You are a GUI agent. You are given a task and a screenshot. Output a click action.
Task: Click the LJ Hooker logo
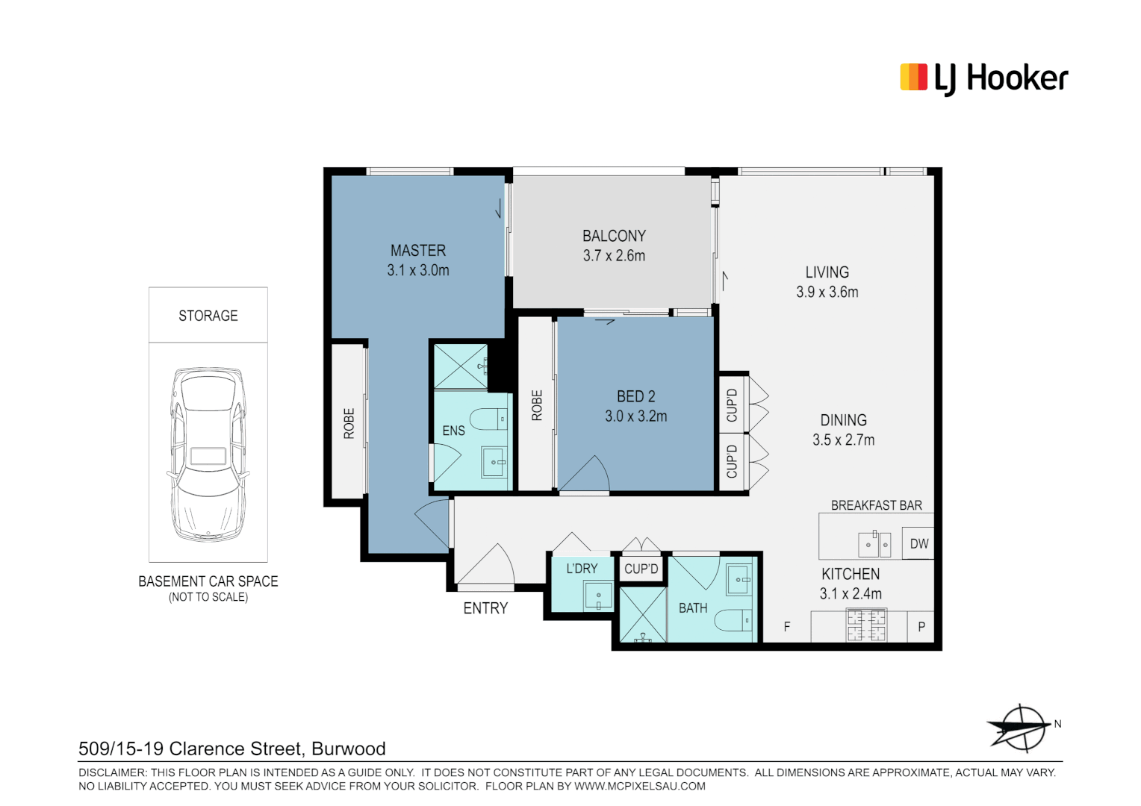[983, 78]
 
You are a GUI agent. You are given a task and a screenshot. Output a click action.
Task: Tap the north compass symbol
[1020, 727]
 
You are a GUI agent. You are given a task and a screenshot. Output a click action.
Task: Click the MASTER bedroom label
[417, 251]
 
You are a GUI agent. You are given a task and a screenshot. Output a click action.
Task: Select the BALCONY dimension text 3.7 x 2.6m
[614, 256]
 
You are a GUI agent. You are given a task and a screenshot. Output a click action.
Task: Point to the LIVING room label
[827, 272]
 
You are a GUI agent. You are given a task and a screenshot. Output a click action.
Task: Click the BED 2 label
[635, 396]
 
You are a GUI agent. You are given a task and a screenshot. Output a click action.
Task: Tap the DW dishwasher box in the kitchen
[918, 544]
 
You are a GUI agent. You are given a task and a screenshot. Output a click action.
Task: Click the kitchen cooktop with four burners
[865, 625]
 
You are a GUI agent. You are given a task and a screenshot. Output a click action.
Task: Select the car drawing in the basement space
[208, 454]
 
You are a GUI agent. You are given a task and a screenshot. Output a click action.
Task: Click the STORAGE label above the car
[208, 316]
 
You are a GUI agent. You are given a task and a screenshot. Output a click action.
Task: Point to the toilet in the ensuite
[489, 419]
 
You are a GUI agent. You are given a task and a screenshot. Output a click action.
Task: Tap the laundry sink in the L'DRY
[598, 596]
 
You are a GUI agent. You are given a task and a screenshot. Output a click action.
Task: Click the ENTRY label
[485, 608]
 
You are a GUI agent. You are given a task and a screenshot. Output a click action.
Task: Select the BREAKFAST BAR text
[876, 505]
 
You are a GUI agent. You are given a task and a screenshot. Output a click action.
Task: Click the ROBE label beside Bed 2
[536, 405]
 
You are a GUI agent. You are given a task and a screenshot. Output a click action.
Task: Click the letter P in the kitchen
[921, 627]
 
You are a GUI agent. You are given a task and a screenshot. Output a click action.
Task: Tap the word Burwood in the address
[348, 749]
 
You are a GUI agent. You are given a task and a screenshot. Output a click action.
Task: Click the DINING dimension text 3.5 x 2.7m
[843, 440]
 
